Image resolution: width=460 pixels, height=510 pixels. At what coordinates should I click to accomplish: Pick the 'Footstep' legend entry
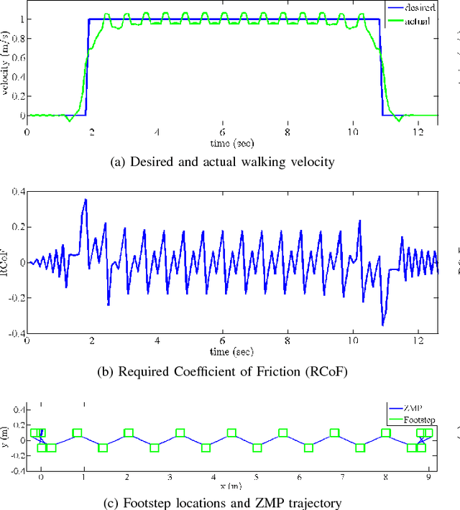(418, 420)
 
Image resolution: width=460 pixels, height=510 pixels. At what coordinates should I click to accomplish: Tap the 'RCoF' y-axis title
(6, 263)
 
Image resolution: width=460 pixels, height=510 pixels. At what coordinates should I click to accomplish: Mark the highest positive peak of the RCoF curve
(86, 199)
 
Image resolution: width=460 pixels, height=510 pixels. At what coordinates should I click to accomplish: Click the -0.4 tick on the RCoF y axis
(15, 333)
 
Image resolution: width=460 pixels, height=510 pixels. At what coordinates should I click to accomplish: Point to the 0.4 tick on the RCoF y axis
(17, 192)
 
